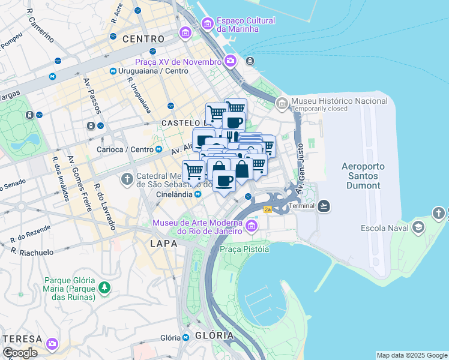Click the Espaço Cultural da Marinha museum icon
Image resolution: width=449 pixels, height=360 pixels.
(x=207, y=24)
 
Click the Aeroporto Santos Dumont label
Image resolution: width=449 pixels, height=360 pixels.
(x=363, y=176)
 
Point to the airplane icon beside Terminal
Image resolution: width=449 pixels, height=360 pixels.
(x=324, y=206)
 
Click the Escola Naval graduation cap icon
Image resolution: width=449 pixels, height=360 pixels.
(x=418, y=228)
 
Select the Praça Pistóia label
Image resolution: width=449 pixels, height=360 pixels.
(x=243, y=248)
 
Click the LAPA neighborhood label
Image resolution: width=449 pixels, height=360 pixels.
(x=163, y=244)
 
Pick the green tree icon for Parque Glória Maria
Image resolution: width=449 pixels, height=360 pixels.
(x=105, y=288)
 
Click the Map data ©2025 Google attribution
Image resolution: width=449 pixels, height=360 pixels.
(x=412, y=355)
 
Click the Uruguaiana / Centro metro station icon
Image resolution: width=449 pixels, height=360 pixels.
(x=113, y=71)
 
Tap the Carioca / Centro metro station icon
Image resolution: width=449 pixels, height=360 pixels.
(x=158, y=149)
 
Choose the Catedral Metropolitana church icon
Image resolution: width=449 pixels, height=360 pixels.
(x=127, y=179)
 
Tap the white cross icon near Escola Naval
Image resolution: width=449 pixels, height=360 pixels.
(x=439, y=213)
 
